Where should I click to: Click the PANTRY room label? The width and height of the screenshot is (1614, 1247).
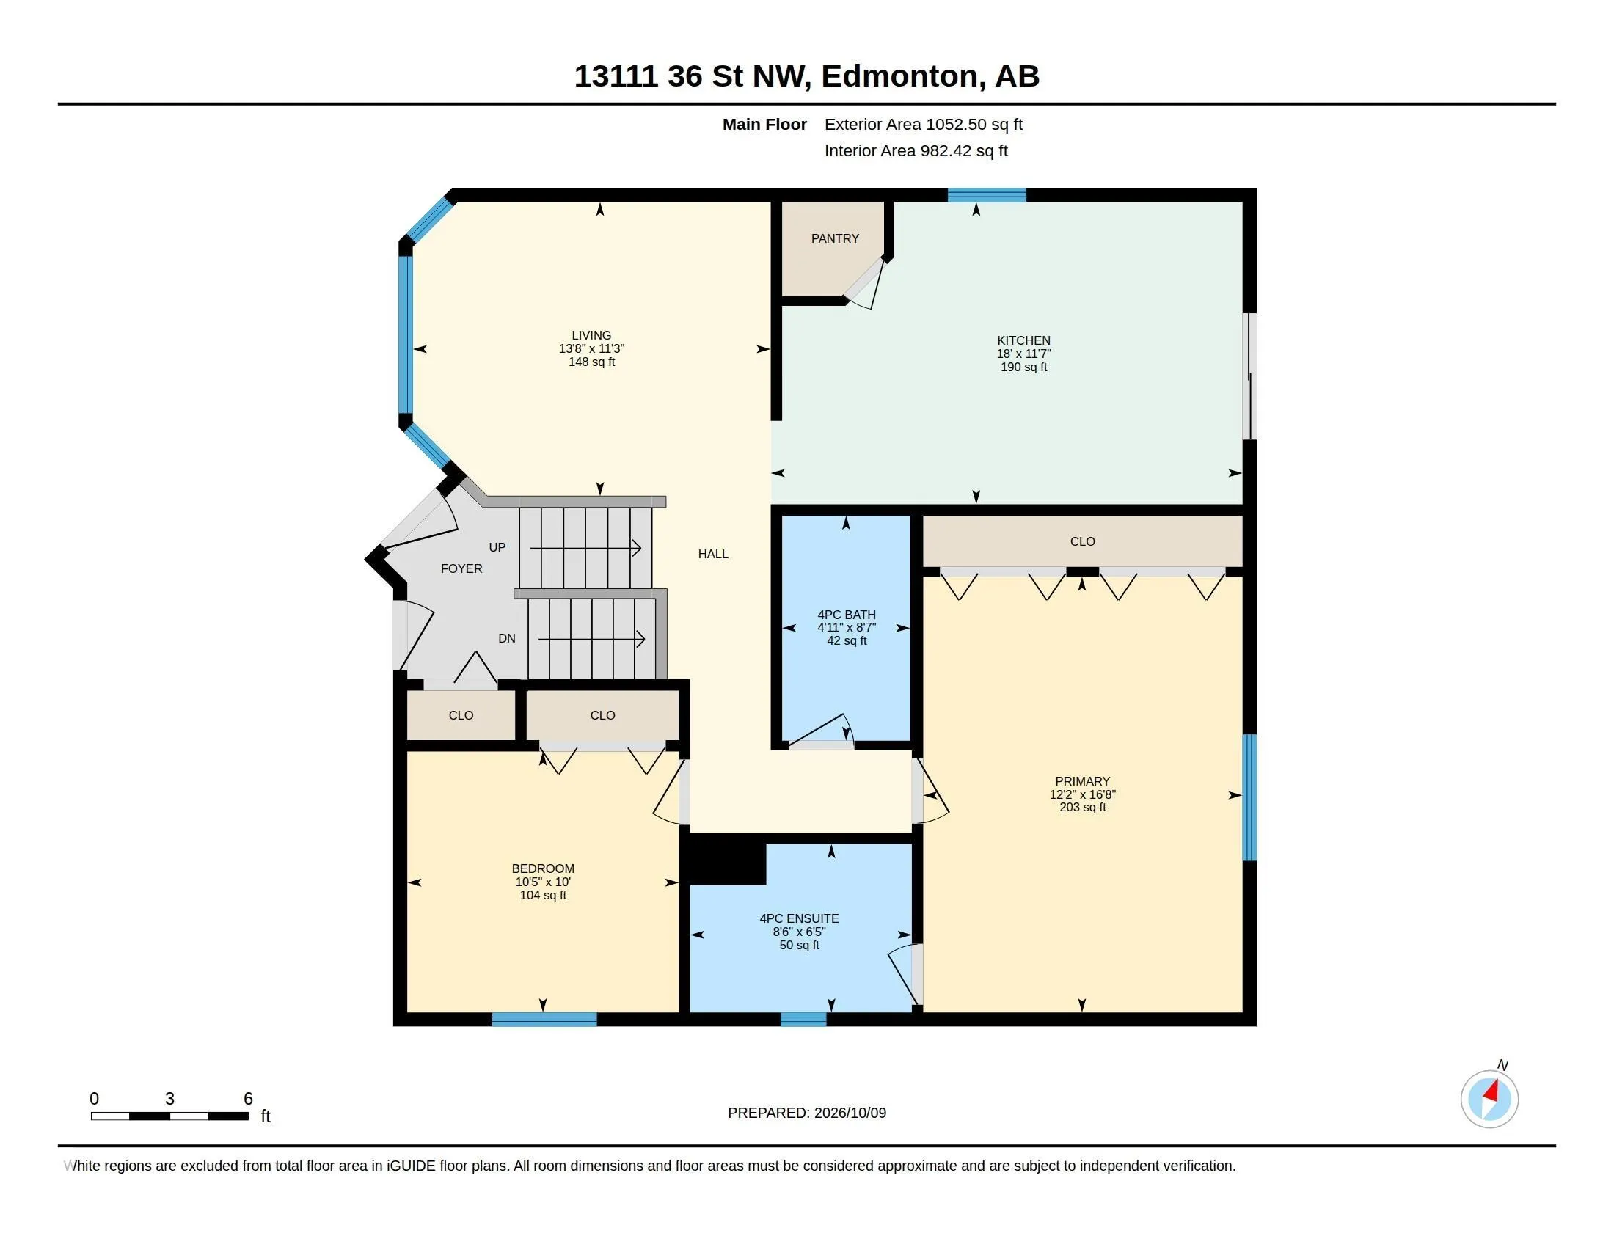coord(835,238)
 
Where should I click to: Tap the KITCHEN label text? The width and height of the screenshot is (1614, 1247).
coord(1023,340)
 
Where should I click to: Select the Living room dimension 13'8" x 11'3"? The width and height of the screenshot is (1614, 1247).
coord(591,348)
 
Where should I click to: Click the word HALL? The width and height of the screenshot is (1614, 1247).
coord(713,554)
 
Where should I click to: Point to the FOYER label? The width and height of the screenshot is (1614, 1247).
coord(461,568)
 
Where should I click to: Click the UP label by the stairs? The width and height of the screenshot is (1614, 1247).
coord(497,547)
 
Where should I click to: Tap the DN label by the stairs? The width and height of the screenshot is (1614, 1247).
coord(507,638)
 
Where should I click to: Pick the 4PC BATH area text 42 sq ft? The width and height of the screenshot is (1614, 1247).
coord(847,640)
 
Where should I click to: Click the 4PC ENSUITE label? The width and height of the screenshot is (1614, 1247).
coord(800,918)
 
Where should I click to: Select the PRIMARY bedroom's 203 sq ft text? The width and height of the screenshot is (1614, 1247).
coord(1083,808)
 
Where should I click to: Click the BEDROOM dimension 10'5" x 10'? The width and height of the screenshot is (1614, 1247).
coord(543,882)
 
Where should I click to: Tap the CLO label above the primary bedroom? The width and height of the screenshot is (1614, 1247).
coord(1083,541)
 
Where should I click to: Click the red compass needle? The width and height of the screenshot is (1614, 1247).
coord(1491,1091)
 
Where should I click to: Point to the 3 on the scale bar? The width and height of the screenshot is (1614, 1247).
coord(170,1099)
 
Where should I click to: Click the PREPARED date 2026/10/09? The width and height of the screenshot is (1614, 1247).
coord(850,1113)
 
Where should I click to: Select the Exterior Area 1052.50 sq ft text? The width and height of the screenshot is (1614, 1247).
coord(924,124)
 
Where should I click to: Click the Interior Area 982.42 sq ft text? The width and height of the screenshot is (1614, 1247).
coord(916,150)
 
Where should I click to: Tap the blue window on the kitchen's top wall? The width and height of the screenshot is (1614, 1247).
coord(987,195)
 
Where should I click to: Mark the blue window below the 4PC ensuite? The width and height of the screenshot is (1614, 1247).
coord(803,1020)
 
